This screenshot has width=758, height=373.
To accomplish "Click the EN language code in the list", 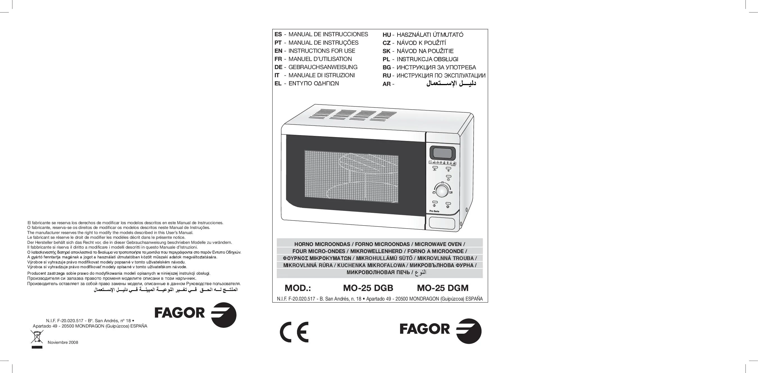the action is [278, 51].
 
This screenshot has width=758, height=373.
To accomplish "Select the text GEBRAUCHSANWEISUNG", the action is [323, 67].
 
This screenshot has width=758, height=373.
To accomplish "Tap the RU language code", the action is [387, 76].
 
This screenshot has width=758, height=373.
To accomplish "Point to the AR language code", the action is [387, 84].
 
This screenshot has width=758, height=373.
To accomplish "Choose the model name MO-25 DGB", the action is [368, 288].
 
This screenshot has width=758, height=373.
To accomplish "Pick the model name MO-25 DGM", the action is [442, 288].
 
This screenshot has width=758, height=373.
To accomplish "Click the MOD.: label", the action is [298, 288].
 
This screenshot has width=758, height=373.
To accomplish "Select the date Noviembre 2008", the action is [63, 342].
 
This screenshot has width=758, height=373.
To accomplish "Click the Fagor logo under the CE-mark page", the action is [441, 331].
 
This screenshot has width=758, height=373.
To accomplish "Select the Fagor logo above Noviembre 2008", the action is [195, 315].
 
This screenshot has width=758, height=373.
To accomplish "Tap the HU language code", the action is [387, 35].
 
